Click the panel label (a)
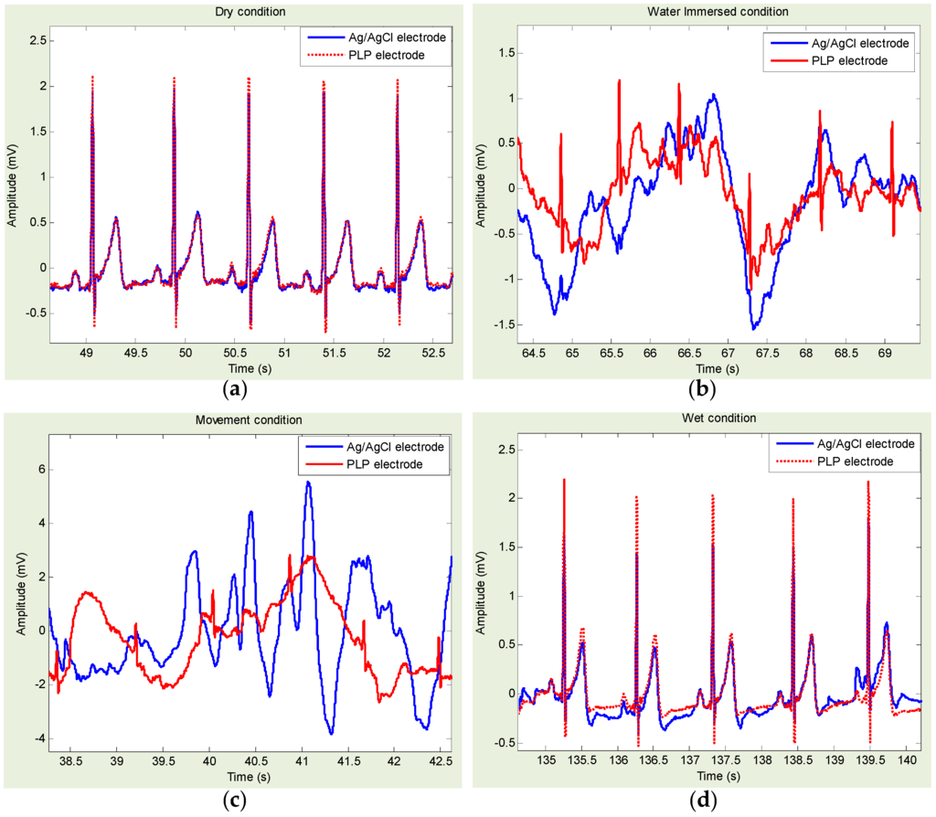point(235,388)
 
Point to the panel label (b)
point(702,388)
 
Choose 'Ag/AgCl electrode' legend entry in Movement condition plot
point(394,447)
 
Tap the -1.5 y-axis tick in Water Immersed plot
point(502,324)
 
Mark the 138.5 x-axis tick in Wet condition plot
point(797,760)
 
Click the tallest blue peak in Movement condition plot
point(308,483)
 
